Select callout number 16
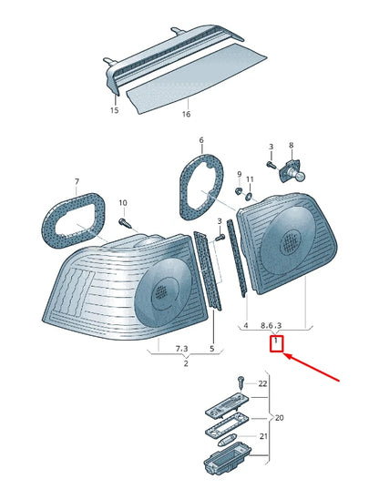click(x=186, y=115)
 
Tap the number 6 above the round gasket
click(x=201, y=141)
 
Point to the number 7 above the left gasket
click(x=77, y=181)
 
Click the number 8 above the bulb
click(x=292, y=146)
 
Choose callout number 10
click(x=124, y=202)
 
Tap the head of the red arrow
click(x=287, y=357)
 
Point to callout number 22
click(x=263, y=383)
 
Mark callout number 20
click(x=280, y=418)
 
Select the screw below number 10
click(x=128, y=221)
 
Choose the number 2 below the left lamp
click(x=185, y=364)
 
